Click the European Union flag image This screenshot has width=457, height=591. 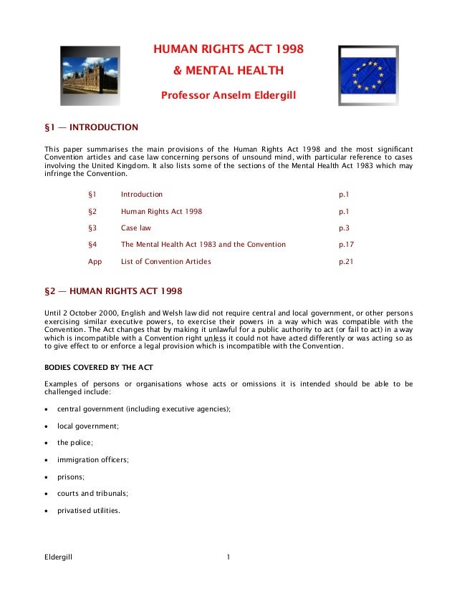(x=367, y=75)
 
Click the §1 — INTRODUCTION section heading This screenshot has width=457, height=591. (x=91, y=127)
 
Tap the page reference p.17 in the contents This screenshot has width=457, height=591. (x=347, y=245)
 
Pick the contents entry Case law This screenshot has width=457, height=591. (x=136, y=228)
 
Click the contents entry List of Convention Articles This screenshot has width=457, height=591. (x=165, y=262)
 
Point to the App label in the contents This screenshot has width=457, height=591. (x=95, y=262)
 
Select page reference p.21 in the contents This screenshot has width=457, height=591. (x=347, y=262)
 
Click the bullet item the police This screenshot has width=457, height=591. (x=75, y=443)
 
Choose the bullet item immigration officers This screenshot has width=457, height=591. (x=93, y=460)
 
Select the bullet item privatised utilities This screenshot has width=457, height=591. (x=89, y=511)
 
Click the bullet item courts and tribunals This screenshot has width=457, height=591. (x=93, y=494)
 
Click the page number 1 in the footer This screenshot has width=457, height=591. (x=228, y=556)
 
